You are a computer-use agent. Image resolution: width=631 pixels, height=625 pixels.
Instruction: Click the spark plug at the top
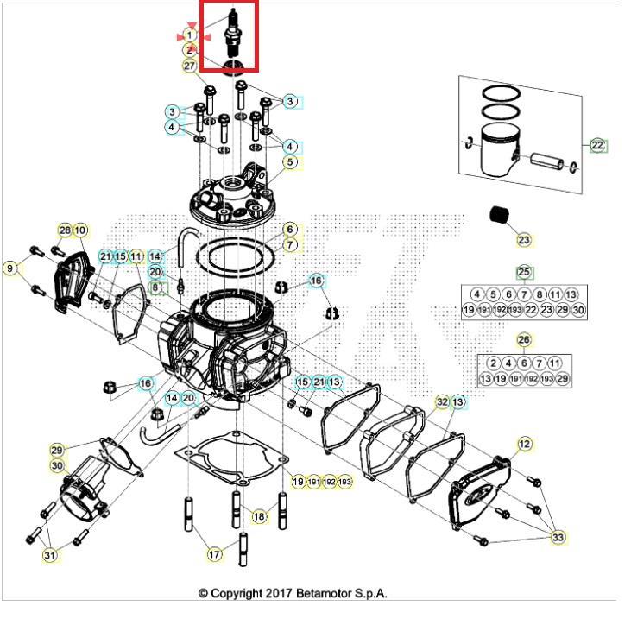(231, 37)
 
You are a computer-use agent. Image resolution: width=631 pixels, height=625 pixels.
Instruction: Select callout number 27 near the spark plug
(189, 66)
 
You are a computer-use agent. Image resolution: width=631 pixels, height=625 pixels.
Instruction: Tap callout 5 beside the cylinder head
(290, 161)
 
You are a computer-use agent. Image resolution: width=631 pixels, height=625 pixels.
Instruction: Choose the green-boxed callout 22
(597, 145)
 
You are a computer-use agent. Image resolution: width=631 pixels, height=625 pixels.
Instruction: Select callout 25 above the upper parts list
(524, 273)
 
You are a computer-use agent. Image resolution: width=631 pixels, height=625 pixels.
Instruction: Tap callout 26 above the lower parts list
(524, 340)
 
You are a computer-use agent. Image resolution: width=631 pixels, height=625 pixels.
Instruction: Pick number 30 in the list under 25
(577, 310)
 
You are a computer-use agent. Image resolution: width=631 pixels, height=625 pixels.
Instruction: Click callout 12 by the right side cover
(524, 444)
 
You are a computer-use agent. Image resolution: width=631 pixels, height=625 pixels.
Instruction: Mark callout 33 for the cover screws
(558, 537)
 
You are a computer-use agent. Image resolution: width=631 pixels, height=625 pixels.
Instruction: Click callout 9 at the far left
(10, 268)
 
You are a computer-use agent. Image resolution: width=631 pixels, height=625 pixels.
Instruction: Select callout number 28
(66, 230)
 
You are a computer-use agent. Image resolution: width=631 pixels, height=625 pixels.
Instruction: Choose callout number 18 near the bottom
(259, 516)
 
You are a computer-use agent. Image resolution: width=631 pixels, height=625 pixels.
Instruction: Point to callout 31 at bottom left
(50, 554)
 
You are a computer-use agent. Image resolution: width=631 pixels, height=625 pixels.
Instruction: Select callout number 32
(441, 402)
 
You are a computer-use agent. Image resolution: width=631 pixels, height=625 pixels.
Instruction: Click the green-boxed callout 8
(156, 287)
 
